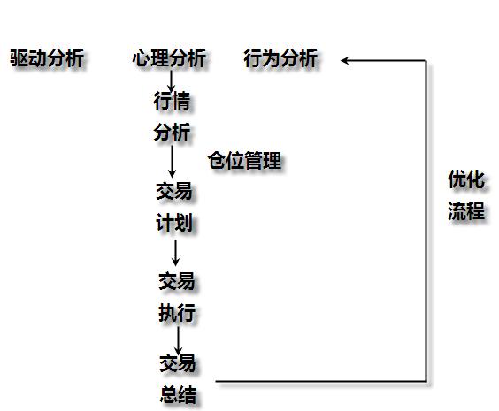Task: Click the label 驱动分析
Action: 47,57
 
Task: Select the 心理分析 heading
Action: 169,57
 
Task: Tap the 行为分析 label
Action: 280,57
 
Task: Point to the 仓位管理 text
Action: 245,160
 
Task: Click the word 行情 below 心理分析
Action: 172,101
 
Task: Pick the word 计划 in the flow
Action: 174,223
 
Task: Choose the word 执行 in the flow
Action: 177,313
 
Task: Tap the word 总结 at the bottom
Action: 178,394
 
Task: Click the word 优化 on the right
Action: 466,179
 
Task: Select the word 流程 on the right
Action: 466,210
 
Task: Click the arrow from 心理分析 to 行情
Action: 172,81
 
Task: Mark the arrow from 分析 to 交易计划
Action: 173,162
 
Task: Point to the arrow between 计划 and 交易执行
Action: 175,253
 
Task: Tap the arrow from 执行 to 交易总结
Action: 178,340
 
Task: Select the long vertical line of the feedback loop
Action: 426,221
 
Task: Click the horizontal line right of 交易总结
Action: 321,381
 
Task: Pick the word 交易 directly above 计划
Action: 174,191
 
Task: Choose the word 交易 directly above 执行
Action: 177,281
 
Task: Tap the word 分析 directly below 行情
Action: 172,133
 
